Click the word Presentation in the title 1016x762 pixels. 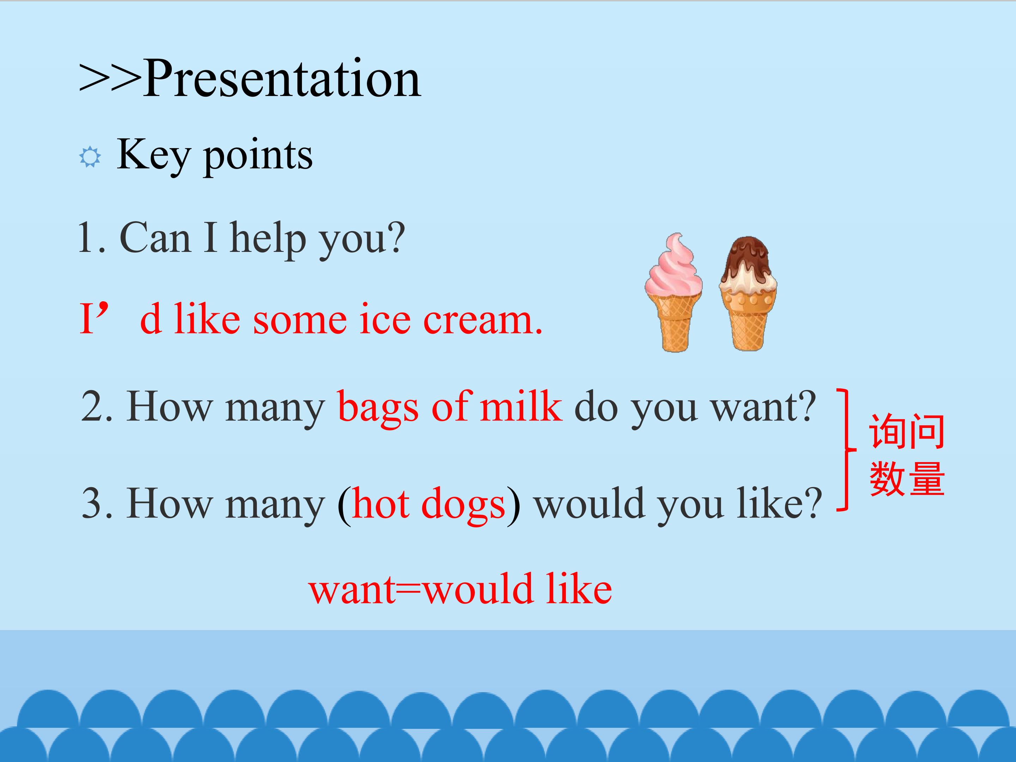pyautogui.click(x=282, y=79)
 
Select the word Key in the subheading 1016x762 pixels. pyautogui.click(x=153, y=156)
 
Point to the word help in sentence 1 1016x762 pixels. pyautogui.click(x=268, y=239)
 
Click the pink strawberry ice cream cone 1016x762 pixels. pyautogui.click(x=673, y=292)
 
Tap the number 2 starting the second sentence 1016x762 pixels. pyautogui.click(x=92, y=406)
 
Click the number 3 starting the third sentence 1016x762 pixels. pyautogui.click(x=92, y=503)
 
